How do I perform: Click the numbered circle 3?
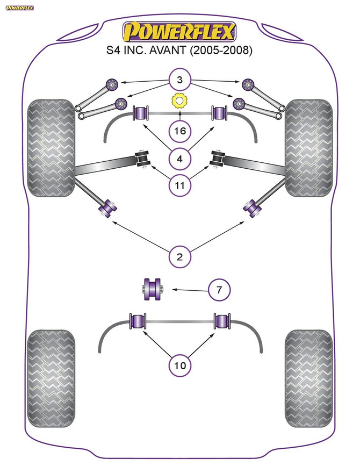pyautogui.click(x=179, y=81)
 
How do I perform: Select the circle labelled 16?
pyautogui.click(x=179, y=130)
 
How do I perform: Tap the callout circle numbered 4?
pyautogui.click(x=179, y=159)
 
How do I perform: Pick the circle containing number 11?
pyautogui.click(x=179, y=186)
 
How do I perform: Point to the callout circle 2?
pyautogui.click(x=179, y=256)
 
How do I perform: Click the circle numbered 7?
pyautogui.click(x=219, y=291)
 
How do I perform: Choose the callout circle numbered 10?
pyautogui.click(x=179, y=365)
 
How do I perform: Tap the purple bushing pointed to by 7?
pyautogui.click(x=152, y=288)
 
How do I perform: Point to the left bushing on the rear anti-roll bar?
pyautogui.click(x=139, y=321)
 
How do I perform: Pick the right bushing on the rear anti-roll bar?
pyautogui.click(x=221, y=321)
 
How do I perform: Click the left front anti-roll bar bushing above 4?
pyautogui.click(x=140, y=113)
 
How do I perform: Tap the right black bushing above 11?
pyautogui.click(x=218, y=159)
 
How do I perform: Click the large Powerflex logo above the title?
pyautogui.click(x=179, y=32)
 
